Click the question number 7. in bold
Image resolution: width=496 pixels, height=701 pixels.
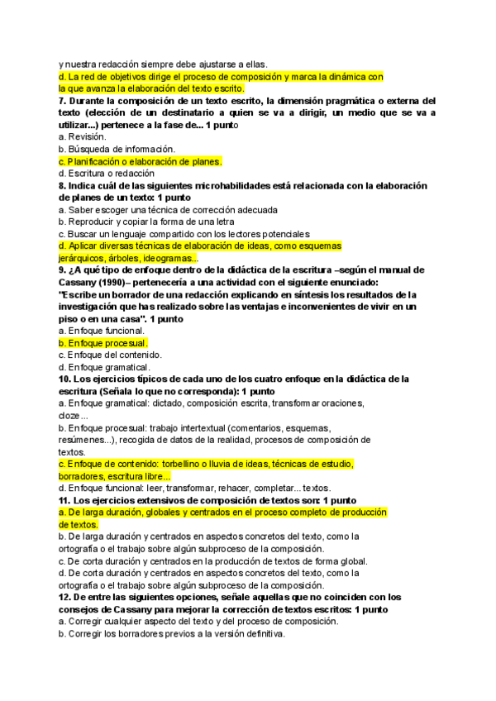[x=63, y=101]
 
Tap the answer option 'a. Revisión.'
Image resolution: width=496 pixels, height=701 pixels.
[x=82, y=136]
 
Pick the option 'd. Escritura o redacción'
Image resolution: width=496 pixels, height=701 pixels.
[x=107, y=174]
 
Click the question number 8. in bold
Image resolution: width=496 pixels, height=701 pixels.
[x=63, y=186]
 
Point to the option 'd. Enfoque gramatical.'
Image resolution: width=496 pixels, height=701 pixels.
[x=104, y=367]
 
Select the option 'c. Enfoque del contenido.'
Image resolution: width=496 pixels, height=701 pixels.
[x=109, y=355]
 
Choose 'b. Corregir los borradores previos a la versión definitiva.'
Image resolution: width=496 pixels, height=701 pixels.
[x=171, y=633]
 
